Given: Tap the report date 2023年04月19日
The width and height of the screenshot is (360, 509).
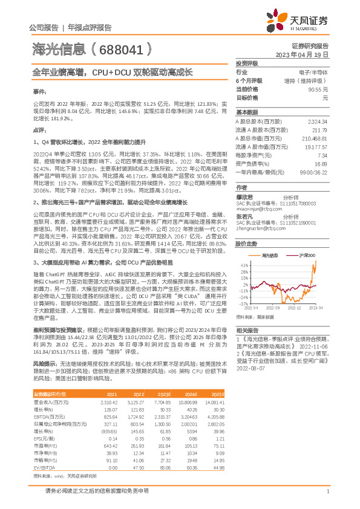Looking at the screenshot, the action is click(302, 54).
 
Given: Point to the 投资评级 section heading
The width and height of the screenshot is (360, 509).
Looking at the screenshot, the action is click(246, 63).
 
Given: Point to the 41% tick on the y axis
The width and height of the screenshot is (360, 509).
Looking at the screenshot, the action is click(244, 265).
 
